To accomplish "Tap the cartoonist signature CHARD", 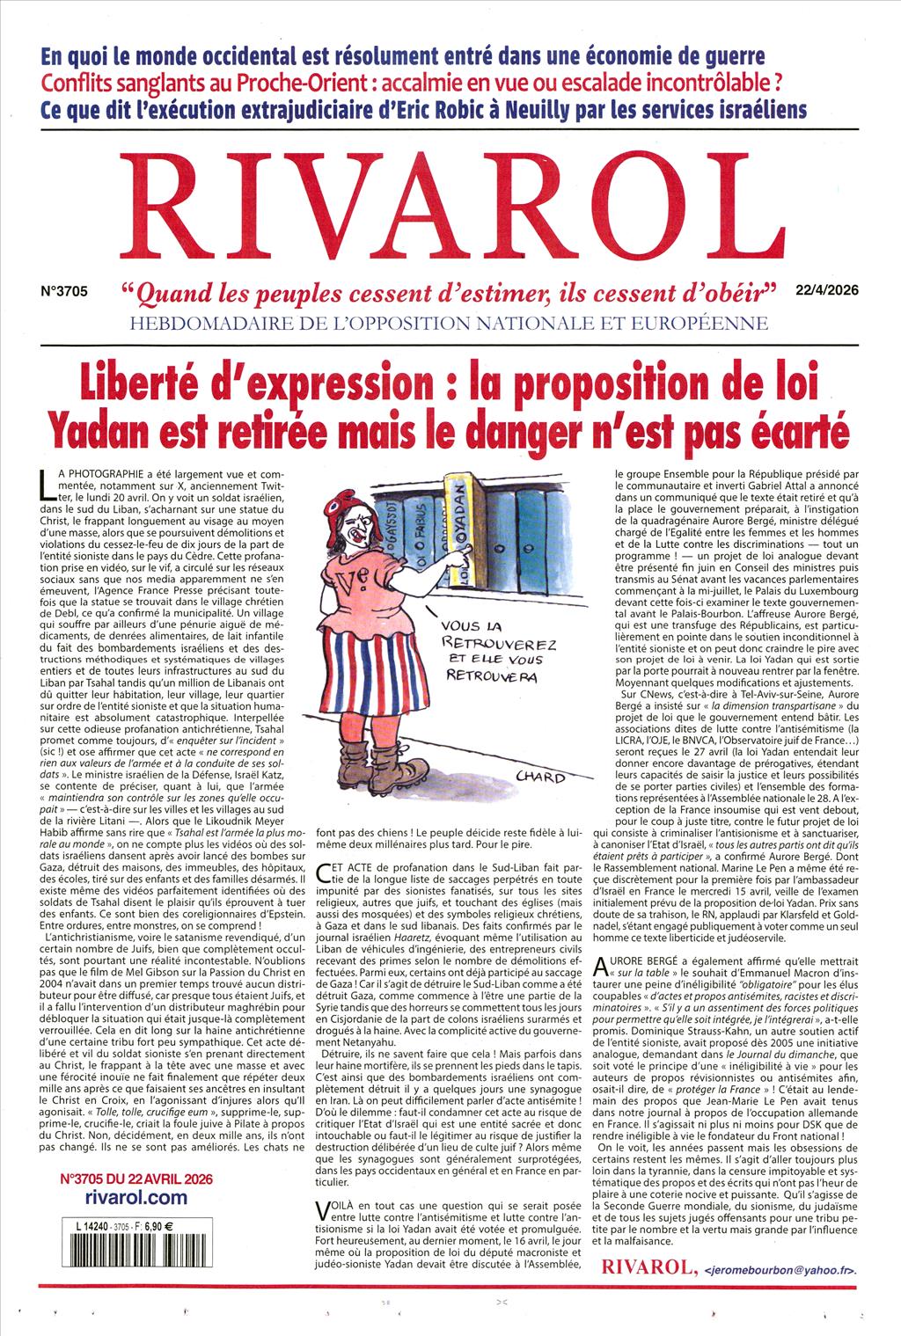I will (538, 777).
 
